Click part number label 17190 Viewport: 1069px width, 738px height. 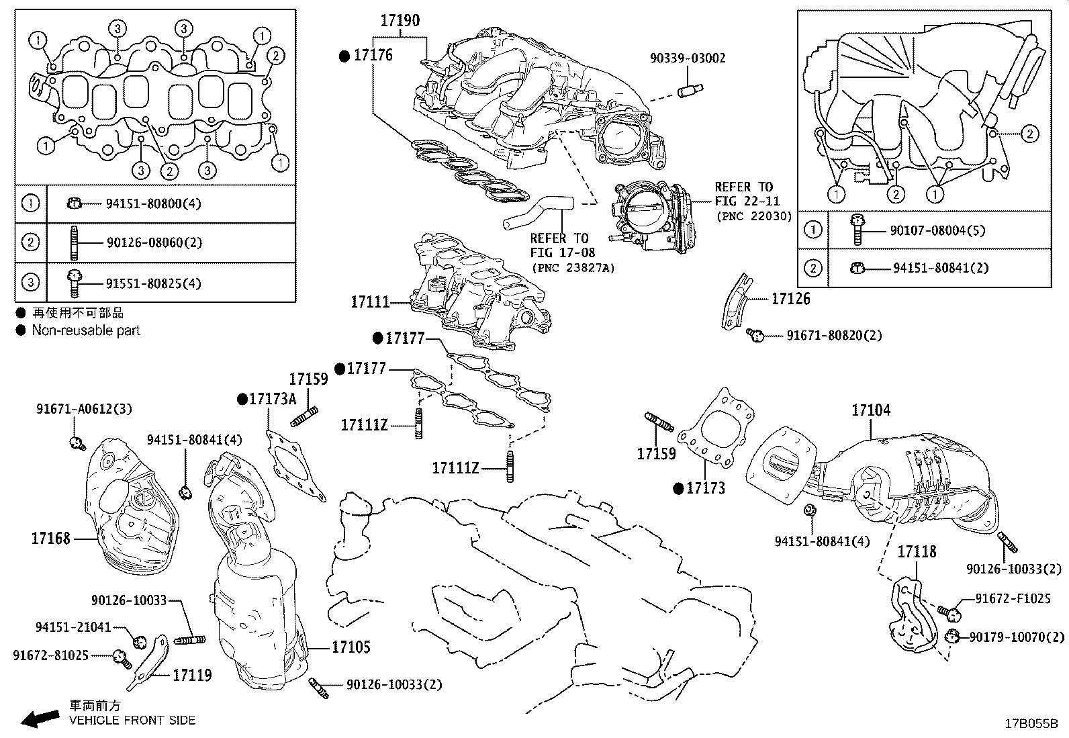pos(400,21)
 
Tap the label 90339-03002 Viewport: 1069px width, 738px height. pos(688,58)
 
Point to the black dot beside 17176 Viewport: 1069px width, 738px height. pos(344,56)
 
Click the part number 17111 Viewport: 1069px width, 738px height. pos(370,302)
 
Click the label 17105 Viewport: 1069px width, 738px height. pos(351,647)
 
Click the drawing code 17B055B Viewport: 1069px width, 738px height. pos(1031,723)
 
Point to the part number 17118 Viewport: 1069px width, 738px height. pos(917,552)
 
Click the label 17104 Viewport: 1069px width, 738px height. pos(871,410)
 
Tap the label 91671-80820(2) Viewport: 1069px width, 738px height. pos(834,334)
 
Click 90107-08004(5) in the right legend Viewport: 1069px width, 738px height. pos(937,230)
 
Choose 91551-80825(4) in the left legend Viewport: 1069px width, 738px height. pos(153,283)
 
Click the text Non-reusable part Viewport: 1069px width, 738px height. pos(86,330)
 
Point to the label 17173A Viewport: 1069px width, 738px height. pos(272,399)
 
